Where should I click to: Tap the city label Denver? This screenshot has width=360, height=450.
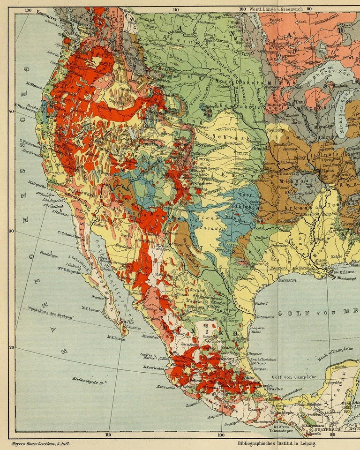[x=202, y=158]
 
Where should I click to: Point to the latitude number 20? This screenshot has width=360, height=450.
[x=11, y=347]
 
